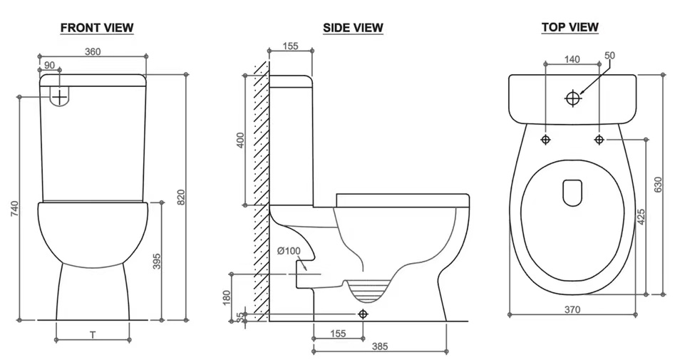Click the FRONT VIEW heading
[x=97, y=28]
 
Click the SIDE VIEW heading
[x=353, y=28]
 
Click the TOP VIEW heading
[x=570, y=27]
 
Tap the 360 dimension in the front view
[x=93, y=51]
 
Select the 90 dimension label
[x=49, y=65]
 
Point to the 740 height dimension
[x=15, y=208]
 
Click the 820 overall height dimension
[x=181, y=197]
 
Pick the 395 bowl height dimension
[x=157, y=262]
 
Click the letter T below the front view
[x=93, y=334]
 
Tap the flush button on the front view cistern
[x=59, y=96]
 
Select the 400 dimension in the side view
[x=241, y=140]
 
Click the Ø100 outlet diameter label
[x=289, y=251]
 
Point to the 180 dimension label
[x=227, y=297]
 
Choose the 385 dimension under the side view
[x=380, y=346]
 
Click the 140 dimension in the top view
[x=572, y=59]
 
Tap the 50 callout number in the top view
[x=609, y=55]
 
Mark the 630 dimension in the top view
[x=658, y=185]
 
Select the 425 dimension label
[x=641, y=217]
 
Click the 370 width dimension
[x=572, y=309]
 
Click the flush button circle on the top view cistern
[x=572, y=98]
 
